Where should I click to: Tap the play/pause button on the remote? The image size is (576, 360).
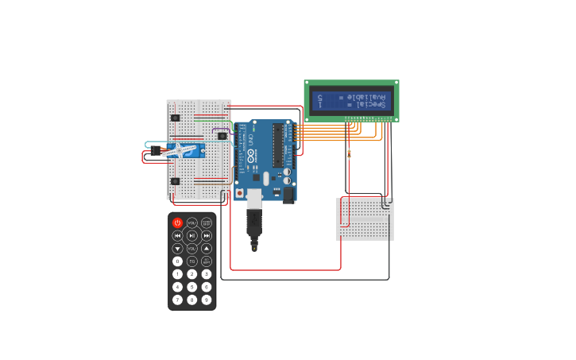point(191,235)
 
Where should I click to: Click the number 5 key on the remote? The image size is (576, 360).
point(191,287)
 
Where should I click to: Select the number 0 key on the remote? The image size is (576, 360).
point(177,261)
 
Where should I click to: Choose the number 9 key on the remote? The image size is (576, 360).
point(207,300)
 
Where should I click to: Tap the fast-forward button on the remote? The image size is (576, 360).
point(207,235)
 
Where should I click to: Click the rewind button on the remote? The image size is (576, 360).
point(177,235)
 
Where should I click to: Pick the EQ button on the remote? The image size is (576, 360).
point(191,261)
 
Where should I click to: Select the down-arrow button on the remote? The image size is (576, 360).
point(177,248)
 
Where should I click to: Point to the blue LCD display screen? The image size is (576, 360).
point(351,101)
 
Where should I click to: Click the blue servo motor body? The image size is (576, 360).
point(184,150)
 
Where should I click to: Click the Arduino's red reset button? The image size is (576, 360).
point(239,193)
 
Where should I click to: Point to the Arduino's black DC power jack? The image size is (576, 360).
point(288,195)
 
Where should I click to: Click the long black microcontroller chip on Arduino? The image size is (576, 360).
point(278,145)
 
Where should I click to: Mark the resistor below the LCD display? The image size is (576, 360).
point(349,153)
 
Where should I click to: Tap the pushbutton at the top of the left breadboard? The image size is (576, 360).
point(175,118)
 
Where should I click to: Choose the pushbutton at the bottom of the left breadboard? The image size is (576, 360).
point(175,181)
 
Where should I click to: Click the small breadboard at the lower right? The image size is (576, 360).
point(365,219)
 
